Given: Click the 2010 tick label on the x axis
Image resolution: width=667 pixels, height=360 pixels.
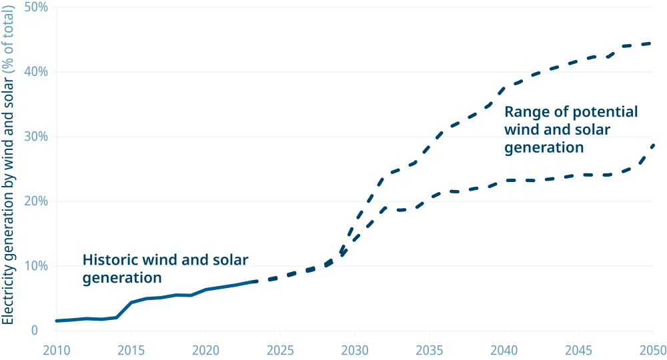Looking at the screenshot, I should coord(56,351).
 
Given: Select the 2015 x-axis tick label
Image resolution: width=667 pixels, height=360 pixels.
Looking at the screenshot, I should coord(131,351).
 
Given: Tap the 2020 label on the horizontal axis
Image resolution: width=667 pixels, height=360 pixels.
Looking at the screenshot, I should coord(205,351).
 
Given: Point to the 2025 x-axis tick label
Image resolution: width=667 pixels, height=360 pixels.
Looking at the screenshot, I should coord(280,351).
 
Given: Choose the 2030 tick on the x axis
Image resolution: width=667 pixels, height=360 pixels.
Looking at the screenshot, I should coord(355,351).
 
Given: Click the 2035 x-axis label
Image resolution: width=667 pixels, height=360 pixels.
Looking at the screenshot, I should coord(430,351).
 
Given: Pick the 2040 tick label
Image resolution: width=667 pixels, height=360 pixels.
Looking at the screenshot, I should coord(504,351).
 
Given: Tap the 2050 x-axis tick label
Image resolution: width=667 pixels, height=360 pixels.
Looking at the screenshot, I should coord(652,351).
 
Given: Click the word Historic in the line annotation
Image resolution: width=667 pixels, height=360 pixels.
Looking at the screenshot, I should coord(109,260).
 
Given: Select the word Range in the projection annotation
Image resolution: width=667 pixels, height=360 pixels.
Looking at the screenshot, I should coord(524,111).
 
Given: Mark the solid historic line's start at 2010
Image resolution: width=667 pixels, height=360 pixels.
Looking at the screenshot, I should coord(57,321).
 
